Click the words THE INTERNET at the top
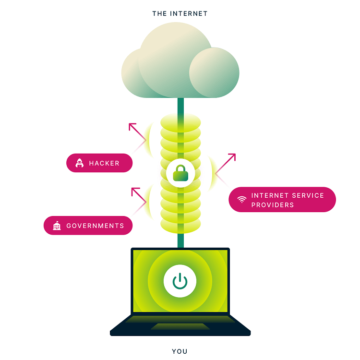tap(180, 14)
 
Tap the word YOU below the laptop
tap(180, 351)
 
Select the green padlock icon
tap(180, 173)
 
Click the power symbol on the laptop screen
tap(180, 281)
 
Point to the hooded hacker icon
tap(79, 163)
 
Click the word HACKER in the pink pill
tap(104, 163)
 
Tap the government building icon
tap(57, 226)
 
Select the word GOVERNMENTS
tap(95, 226)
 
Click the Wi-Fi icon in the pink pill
tap(242, 199)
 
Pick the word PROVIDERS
tap(273, 205)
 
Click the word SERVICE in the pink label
tap(308, 195)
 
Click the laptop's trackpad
tap(180, 326)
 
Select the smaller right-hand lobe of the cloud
tap(214, 72)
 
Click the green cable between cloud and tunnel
tap(180, 106)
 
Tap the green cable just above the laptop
tap(180, 240)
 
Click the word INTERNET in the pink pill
tap(270, 195)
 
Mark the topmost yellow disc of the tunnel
tap(180, 122)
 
